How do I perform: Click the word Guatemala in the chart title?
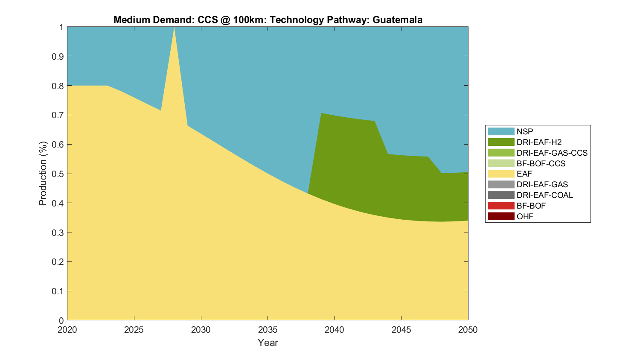(x=397, y=20)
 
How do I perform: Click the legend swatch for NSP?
(x=501, y=131)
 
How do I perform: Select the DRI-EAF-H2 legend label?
(x=539, y=142)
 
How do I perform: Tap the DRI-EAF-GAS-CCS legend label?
(x=552, y=153)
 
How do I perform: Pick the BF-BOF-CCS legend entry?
(x=541, y=163)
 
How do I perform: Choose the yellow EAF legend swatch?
(x=501, y=174)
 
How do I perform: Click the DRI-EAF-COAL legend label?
(x=544, y=195)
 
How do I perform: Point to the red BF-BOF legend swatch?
(x=501, y=206)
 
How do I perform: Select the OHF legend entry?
(x=525, y=216)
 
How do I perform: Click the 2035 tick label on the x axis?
(x=268, y=330)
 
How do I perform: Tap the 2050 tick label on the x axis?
(x=468, y=330)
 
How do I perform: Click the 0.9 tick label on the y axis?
(x=58, y=56)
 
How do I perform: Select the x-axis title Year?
(x=268, y=343)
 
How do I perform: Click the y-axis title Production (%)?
(x=43, y=174)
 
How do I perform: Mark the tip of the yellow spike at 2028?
(x=174, y=28)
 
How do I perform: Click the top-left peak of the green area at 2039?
(x=321, y=114)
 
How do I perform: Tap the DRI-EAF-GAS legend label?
(x=542, y=184)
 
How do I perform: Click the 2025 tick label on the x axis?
(x=134, y=330)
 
